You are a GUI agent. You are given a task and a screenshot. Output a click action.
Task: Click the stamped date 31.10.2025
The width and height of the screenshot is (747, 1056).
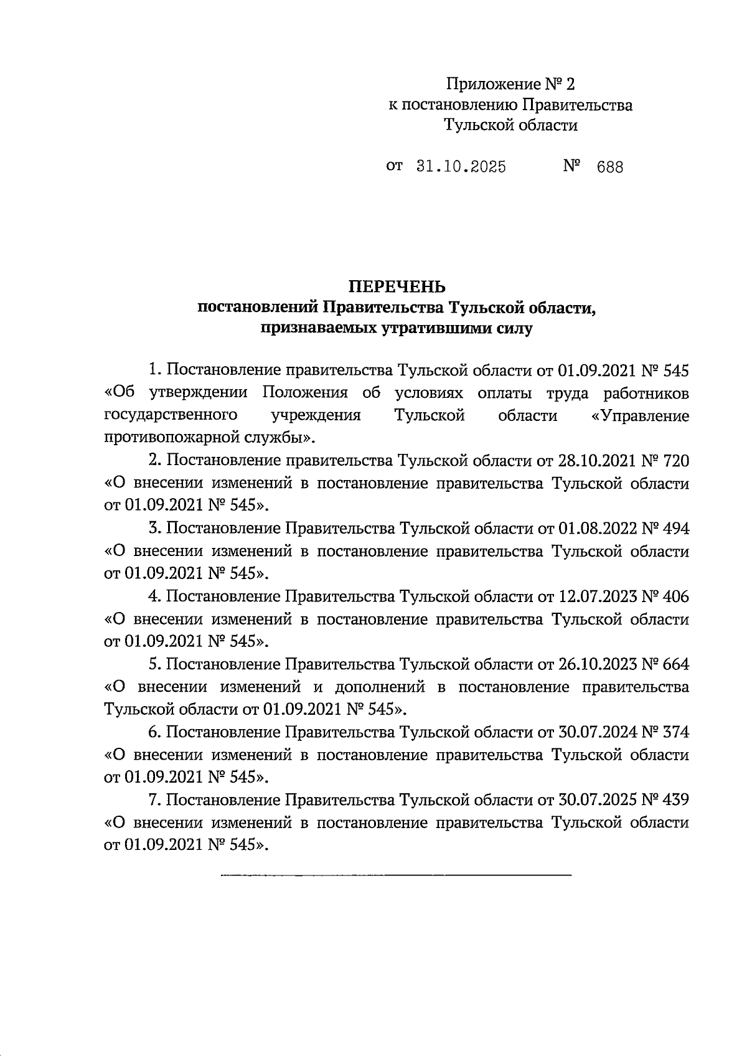coord(460,167)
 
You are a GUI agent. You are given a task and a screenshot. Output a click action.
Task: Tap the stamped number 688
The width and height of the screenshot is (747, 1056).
coord(609,167)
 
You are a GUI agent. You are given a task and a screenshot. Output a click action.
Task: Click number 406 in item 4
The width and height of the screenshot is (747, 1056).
coord(677,596)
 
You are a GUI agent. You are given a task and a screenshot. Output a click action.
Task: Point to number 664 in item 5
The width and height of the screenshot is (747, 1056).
coord(677,664)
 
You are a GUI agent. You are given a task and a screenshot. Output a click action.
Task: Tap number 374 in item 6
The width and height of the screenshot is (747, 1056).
coord(677,732)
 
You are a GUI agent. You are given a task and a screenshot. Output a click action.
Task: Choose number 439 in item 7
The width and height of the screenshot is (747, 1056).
coord(677,800)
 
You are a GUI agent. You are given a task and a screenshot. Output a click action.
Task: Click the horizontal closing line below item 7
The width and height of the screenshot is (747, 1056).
coord(396,876)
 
